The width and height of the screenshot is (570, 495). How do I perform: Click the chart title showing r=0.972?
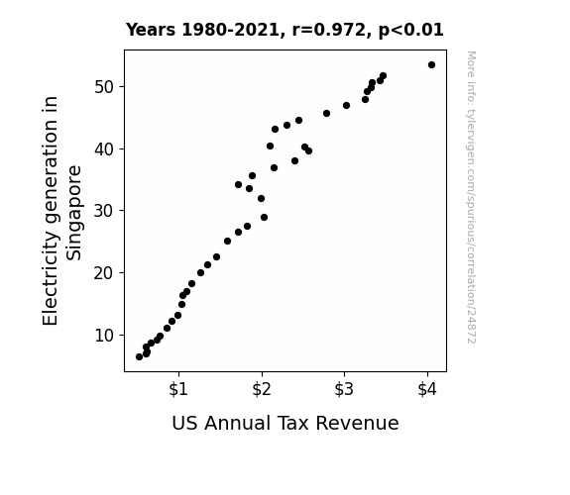tap(285, 30)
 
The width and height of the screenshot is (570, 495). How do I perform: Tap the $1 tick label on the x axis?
tap(178, 389)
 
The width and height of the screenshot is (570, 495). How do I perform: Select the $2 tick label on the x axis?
tap(262, 389)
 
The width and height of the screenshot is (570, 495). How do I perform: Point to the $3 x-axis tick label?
tap(344, 389)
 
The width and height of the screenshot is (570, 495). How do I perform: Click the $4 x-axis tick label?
tap(427, 389)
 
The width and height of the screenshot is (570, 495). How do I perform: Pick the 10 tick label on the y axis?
tap(104, 336)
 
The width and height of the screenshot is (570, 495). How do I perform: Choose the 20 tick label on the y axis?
tap(104, 273)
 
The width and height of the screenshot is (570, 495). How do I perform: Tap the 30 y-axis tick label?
tap(104, 211)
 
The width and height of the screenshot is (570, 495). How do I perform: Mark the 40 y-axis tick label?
tap(104, 149)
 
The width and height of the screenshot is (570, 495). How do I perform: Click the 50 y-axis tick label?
tap(104, 87)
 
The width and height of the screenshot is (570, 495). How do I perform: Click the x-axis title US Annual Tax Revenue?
tap(285, 424)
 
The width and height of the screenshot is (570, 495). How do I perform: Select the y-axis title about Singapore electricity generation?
tap(61, 211)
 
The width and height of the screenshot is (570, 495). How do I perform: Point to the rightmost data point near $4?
tap(431, 65)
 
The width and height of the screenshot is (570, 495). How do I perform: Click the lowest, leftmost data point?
tap(139, 357)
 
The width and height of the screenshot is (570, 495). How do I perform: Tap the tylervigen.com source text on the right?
tap(472, 197)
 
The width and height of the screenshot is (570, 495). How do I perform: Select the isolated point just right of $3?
tap(346, 105)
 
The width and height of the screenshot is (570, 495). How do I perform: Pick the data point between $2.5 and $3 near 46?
tap(326, 113)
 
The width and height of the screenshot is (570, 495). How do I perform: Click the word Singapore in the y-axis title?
tap(74, 213)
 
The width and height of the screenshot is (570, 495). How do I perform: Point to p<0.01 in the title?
tap(411, 30)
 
